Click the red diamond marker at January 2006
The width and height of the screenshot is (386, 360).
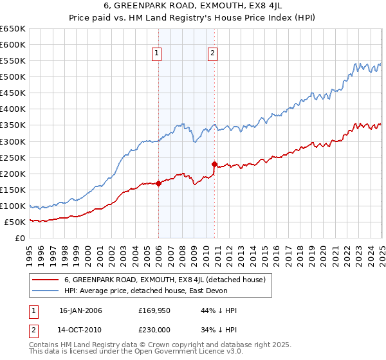point(159,183)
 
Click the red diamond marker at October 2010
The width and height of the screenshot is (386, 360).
point(215,164)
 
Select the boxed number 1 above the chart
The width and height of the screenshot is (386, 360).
point(156,53)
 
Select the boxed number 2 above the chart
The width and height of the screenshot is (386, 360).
point(212,53)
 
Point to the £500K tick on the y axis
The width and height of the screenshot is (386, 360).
point(13,76)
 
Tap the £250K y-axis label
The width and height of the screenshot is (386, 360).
point(13,157)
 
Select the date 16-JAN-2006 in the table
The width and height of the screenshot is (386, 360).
point(80,310)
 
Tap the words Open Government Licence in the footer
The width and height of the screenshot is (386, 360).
point(166,353)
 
